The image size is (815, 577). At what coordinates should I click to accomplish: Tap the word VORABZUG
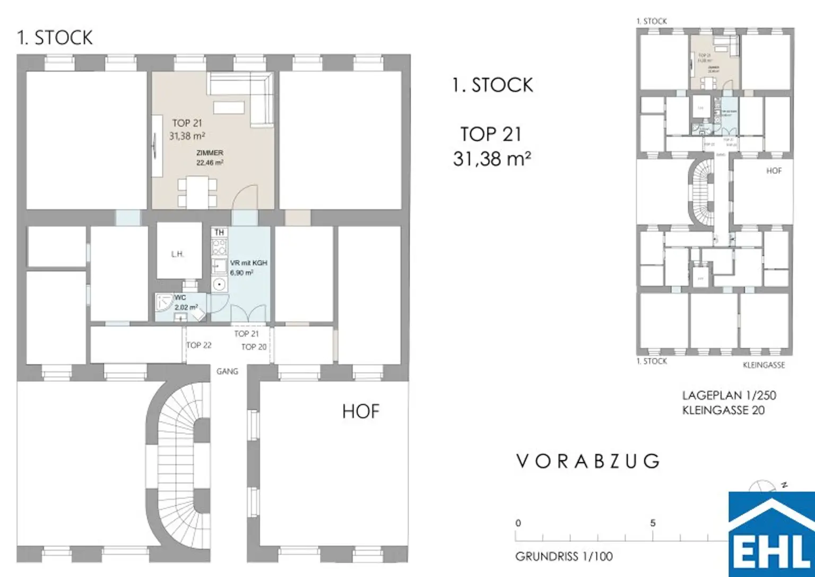pyautogui.click(x=588, y=461)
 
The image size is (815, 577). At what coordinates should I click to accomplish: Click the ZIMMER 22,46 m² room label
pyautogui.click(x=210, y=158)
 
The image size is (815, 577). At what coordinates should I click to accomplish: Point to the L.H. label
pyautogui.click(x=178, y=254)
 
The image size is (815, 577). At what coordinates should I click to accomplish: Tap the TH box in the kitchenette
pyautogui.click(x=219, y=232)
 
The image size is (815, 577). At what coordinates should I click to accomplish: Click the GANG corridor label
pyautogui.click(x=227, y=372)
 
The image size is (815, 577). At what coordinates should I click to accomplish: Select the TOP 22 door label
pyautogui.click(x=199, y=345)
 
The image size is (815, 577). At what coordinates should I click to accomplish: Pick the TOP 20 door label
pyautogui.click(x=254, y=347)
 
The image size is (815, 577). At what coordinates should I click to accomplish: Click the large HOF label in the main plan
pyautogui.click(x=361, y=411)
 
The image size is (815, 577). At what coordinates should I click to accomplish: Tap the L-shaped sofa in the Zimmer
pyautogui.click(x=249, y=93)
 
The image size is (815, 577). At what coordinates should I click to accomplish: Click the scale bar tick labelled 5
pyautogui.click(x=653, y=523)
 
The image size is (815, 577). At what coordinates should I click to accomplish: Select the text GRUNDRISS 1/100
pyautogui.click(x=563, y=556)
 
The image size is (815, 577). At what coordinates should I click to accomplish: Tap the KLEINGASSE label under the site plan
pyautogui.click(x=764, y=365)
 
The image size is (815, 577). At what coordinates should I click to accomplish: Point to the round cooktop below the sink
pyautogui.click(x=219, y=285)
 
